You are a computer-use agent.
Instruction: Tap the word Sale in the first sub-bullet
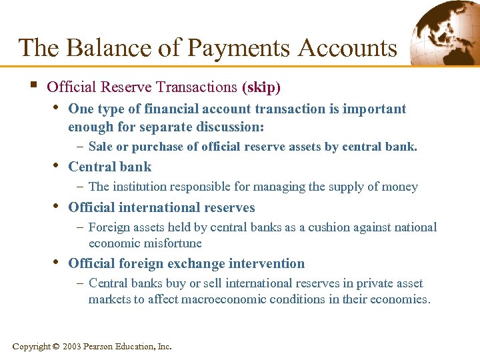[100, 147]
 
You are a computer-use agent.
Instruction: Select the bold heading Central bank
[110, 167]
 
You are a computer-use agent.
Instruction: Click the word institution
[139, 187]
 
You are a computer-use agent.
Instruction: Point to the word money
[401, 187]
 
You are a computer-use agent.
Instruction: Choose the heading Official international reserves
[161, 207]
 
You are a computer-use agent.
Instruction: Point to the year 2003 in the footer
[72, 346]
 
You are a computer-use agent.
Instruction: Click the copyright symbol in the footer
[56, 346]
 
